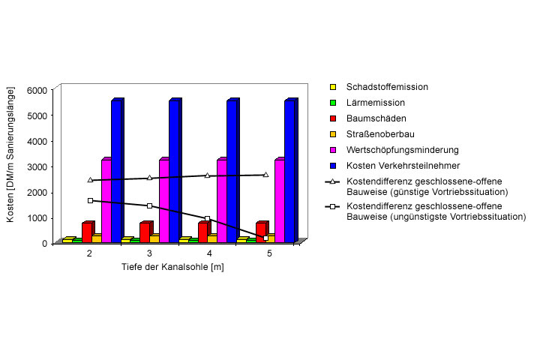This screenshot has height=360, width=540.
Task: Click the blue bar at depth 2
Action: pyautogui.click(x=116, y=172)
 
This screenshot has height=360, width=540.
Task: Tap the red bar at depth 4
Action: pyautogui.click(x=202, y=232)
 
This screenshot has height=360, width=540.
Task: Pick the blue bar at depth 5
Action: pyautogui.click(x=289, y=172)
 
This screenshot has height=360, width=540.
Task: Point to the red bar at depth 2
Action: pyautogui.click(x=87, y=232)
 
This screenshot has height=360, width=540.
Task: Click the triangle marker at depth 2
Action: pyautogui.click(x=90, y=180)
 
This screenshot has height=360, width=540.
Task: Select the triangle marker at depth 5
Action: pyautogui.click(x=266, y=175)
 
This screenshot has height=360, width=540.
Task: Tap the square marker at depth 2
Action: pyautogui.click(x=90, y=200)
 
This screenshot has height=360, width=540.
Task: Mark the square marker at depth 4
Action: pyautogui.click(x=207, y=218)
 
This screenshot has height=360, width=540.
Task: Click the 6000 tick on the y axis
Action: pyautogui.click(x=38, y=90)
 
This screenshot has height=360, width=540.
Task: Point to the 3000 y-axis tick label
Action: pyautogui.click(x=38, y=166)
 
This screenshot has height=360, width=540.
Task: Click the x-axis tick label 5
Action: pyautogui.click(x=269, y=254)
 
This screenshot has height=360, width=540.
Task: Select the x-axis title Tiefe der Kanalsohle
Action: pyautogui.click(x=172, y=267)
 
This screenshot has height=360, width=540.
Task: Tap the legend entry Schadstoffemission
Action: pyautogui.click(x=388, y=87)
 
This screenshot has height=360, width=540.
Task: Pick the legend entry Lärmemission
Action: pyautogui.click(x=380, y=103)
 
